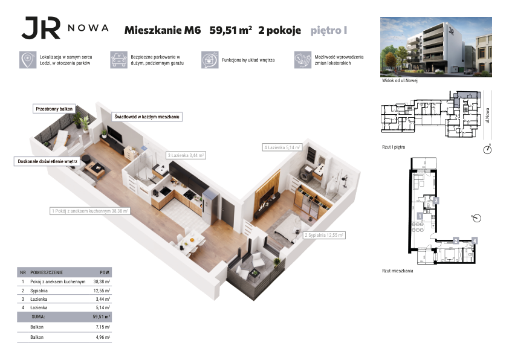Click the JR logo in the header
click(41, 28)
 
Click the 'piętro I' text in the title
click(329, 30)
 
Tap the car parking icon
click(118, 60)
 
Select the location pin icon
click(28, 60)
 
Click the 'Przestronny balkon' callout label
click(54, 109)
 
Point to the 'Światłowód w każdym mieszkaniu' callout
click(147, 117)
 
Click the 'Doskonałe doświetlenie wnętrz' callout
click(47, 161)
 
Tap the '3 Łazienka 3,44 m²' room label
click(186, 155)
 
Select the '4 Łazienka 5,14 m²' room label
click(282, 147)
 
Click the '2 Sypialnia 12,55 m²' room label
click(324, 235)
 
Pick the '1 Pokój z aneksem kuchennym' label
click(90, 211)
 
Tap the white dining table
click(192, 239)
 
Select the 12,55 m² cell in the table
click(102, 291)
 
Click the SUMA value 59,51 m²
click(102, 317)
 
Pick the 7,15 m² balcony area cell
click(103, 327)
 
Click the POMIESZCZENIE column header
click(47, 272)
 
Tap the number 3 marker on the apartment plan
click(436, 201)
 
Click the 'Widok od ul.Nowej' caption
click(400, 80)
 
